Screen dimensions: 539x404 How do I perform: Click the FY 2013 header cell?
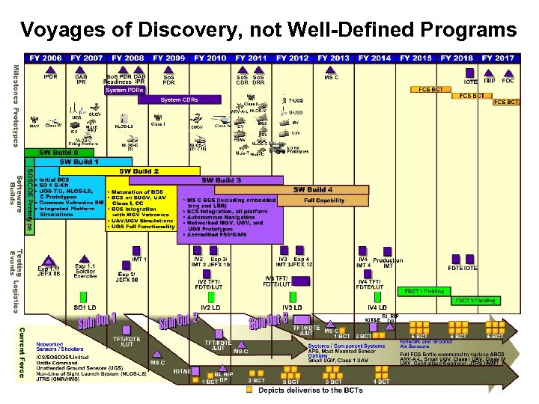coord(333,58)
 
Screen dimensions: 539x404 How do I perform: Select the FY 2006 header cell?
coord(46,58)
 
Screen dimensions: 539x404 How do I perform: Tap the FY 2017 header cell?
coord(498,58)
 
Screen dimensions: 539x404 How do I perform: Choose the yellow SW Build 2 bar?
coord(142,171)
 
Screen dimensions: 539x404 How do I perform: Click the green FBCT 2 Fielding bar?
coord(475,301)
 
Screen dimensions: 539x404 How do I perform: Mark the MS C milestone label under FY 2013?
coord(331,77)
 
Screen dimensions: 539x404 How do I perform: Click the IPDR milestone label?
coord(49,77)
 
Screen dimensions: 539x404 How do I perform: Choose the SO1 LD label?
coord(84,307)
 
